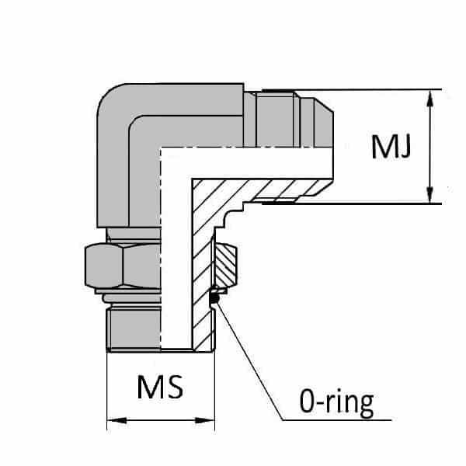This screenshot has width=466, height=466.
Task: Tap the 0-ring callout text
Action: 335,402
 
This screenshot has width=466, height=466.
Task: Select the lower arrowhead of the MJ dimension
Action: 429,197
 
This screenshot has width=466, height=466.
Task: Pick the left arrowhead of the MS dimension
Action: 112,423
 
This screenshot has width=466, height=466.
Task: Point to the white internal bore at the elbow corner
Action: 176,167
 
